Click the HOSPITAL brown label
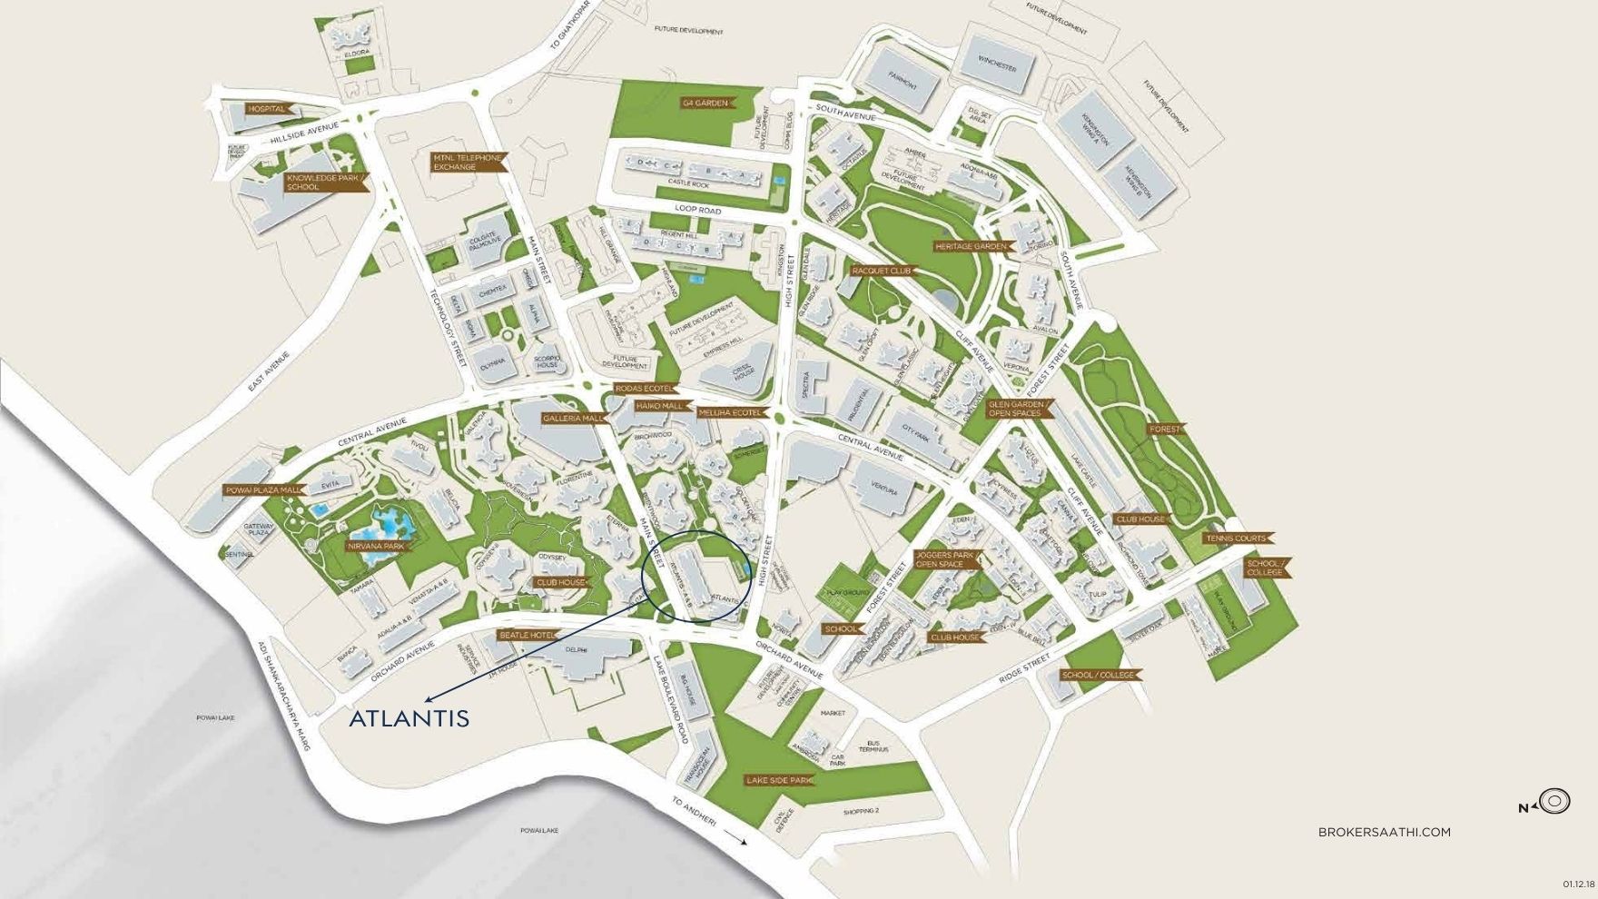pyautogui.click(x=267, y=109)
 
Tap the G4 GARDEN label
pyautogui.click(x=706, y=103)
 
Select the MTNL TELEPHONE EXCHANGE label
pyautogui.click(x=467, y=163)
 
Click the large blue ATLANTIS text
pyautogui.click(x=409, y=718)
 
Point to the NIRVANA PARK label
pyautogui.click(x=376, y=547)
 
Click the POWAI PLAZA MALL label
pyautogui.click(x=263, y=490)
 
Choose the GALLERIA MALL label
pyautogui.click(x=574, y=419)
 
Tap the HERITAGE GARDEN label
pyautogui.click(x=972, y=246)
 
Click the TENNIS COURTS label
pyautogui.click(x=1237, y=538)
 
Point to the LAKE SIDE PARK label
pyautogui.click(x=777, y=780)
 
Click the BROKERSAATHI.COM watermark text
pyautogui.click(x=1384, y=832)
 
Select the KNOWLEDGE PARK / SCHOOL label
pyautogui.click(x=324, y=182)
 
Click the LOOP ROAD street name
pyautogui.click(x=698, y=210)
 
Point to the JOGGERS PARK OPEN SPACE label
pyautogui.click(x=945, y=559)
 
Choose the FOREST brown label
pyautogui.click(x=1165, y=429)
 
